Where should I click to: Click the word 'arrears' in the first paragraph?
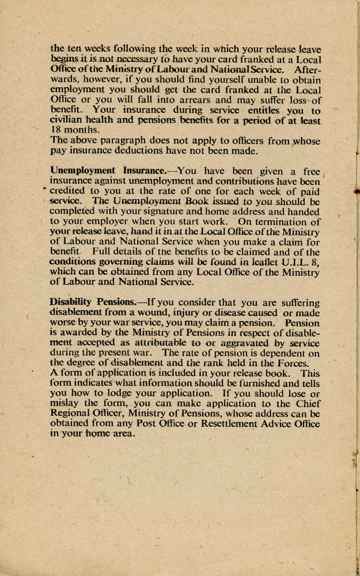tap(205, 100)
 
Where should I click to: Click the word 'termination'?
tap(271, 222)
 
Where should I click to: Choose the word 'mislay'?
tap(65, 404)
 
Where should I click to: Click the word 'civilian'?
tap(68, 120)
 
